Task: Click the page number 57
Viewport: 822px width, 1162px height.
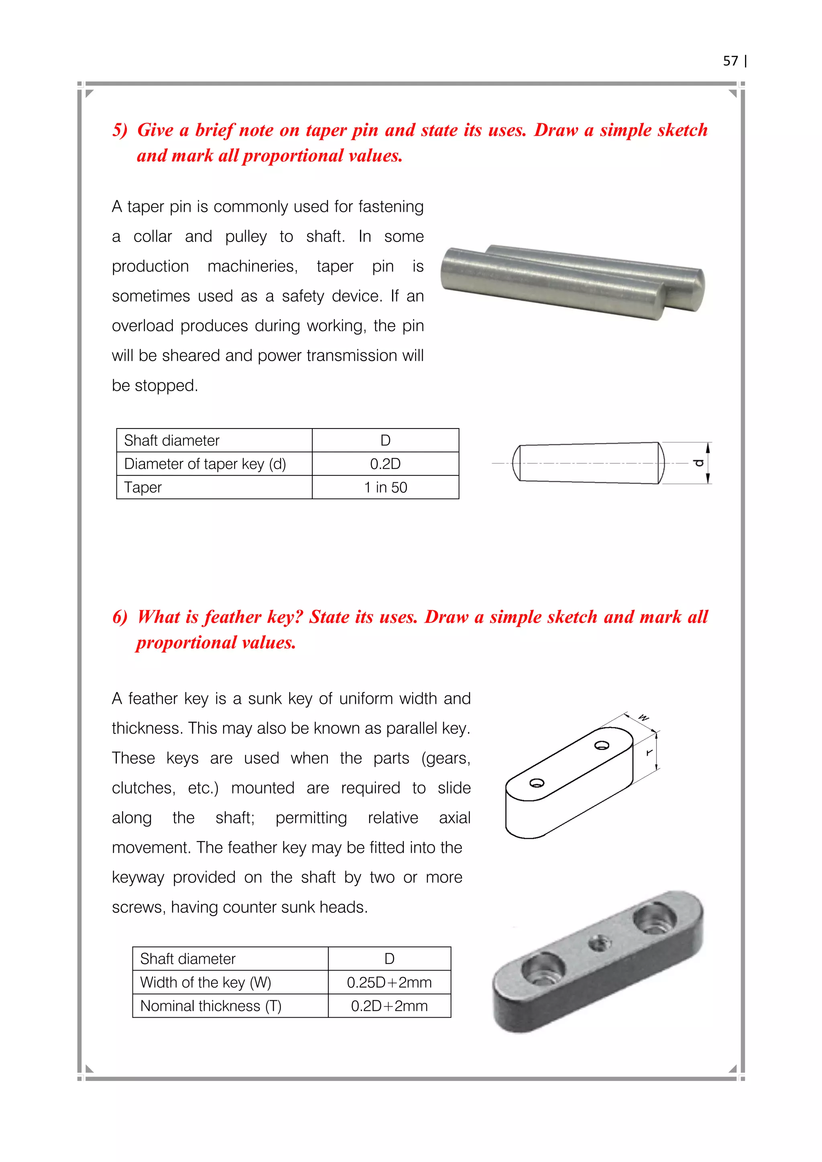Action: point(730,61)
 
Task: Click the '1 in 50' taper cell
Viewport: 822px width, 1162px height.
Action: point(385,488)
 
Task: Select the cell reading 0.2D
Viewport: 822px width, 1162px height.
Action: point(385,463)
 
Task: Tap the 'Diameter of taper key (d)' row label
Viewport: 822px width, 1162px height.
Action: point(205,463)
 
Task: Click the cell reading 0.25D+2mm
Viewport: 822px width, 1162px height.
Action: point(389,982)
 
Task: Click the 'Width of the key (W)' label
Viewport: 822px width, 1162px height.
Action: point(205,982)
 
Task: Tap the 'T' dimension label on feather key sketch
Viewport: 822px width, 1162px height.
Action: point(649,753)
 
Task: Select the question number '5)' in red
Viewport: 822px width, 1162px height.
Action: point(120,130)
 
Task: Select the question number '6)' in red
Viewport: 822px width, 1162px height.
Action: point(120,617)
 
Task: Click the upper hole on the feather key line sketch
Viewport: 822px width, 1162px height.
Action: point(602,745)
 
